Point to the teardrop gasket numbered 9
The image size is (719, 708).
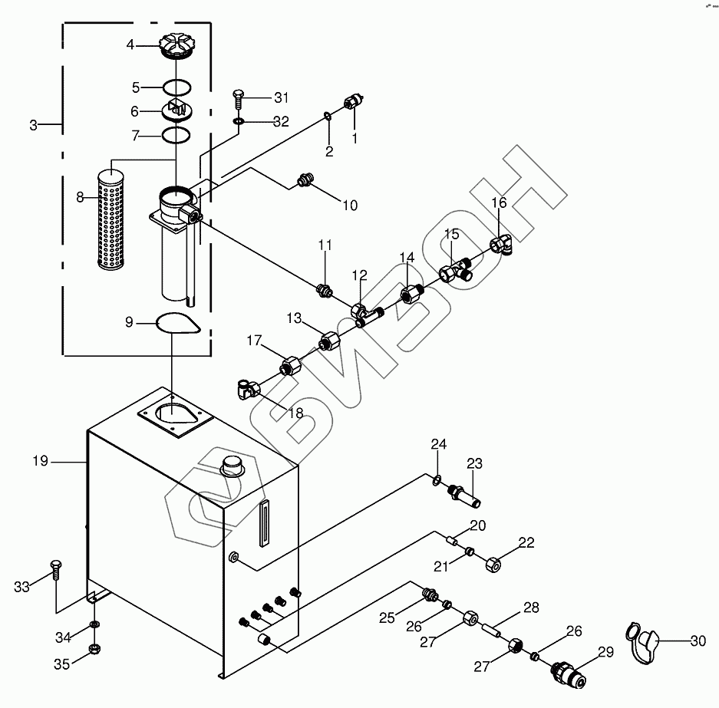pos(177,324)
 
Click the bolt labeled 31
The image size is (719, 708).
pos(239,98)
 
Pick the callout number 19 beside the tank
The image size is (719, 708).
pos(41,460)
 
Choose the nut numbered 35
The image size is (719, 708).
pos(94,649)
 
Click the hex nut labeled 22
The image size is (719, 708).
pos(493,565)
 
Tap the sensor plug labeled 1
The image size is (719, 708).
pos(354,101)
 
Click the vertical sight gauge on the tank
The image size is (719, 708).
pos(264,523)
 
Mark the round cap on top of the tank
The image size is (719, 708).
pos(233,466)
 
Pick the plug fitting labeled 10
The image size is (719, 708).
pos(305,179)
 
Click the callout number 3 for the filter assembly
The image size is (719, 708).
pos(33,125)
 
